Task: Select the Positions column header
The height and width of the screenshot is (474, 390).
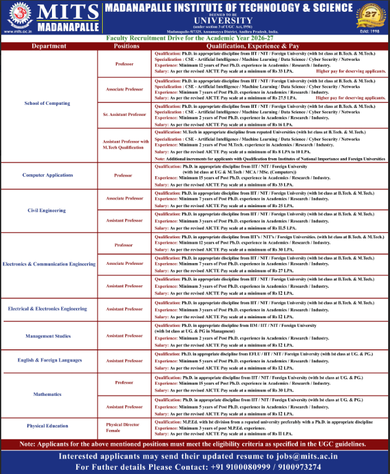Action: pyautogui.click(x=127, y=47)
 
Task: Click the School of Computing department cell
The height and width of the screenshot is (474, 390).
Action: pyautogui.click(x=47, y=103)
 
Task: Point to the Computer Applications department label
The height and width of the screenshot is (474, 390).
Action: pyautogui.click(x=47, y=176)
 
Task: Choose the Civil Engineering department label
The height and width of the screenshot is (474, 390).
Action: pyautogui.click(x=46, y=210)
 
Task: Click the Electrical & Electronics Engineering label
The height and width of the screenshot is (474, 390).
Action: pyautogui.click(x=48, y=308)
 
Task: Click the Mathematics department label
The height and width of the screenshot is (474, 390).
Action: pyautogui.click(x=47, y=395)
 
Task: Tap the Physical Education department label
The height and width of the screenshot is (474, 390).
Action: pyautogui.click(x=48, y=426)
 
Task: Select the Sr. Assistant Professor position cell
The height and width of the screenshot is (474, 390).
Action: pyautogui.click(x=124, y=115)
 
